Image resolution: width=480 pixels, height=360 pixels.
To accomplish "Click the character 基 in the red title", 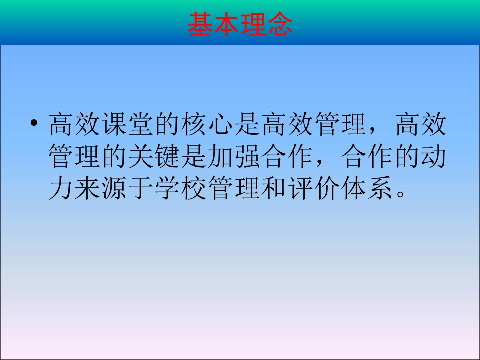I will pyautogui.click(x=201, y=24).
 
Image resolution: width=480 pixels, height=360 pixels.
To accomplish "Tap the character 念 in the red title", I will pyautogui.click(x=279, y=24).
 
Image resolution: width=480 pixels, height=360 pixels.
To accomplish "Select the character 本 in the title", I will pyautogui.click(x=227, y=24).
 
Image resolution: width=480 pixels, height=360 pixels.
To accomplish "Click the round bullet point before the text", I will pyautogui.click(x=34, y=124).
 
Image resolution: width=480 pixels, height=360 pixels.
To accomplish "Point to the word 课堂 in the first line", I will pyautogui.click(x=127, y=125).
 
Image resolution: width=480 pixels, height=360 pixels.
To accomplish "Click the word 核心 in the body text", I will pyautogui.click(x=207, y=125).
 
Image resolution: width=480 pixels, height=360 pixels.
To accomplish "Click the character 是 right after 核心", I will pyautogui.click(x=247, y=125).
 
